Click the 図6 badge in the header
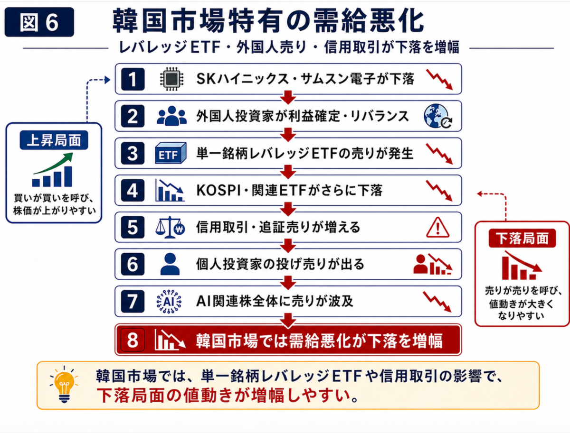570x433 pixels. point(39,22)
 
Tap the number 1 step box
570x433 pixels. point(133,79)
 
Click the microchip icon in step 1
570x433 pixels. point(171,79)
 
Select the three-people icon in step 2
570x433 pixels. point(171,116)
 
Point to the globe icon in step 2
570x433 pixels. point(438,116)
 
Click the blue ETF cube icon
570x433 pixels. point(171,153)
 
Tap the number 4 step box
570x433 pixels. point(133,190)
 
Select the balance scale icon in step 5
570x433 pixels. point(170,228)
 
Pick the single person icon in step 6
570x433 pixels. point(170,264)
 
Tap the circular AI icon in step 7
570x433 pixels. point(169,302)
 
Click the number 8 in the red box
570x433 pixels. point(133,340)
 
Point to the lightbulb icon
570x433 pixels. point(64,384)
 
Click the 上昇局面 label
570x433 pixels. point(54,140)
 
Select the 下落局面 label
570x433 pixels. point(522,238)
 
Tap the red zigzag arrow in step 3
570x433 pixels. point(439,154)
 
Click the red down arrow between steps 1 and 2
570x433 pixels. point(288,97)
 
